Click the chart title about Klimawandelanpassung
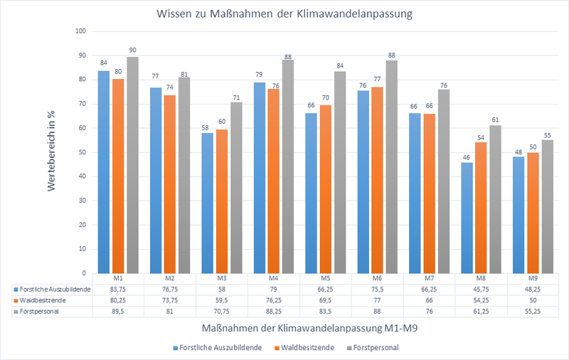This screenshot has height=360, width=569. click(x=285, y=12)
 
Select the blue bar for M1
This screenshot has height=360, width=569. click(x=103, y=171)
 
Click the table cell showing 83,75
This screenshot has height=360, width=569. click(x=118, y=290)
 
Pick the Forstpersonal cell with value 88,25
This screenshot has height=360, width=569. click(x=273, y=311)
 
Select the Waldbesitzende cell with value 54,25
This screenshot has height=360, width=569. click(x=480, y=300)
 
